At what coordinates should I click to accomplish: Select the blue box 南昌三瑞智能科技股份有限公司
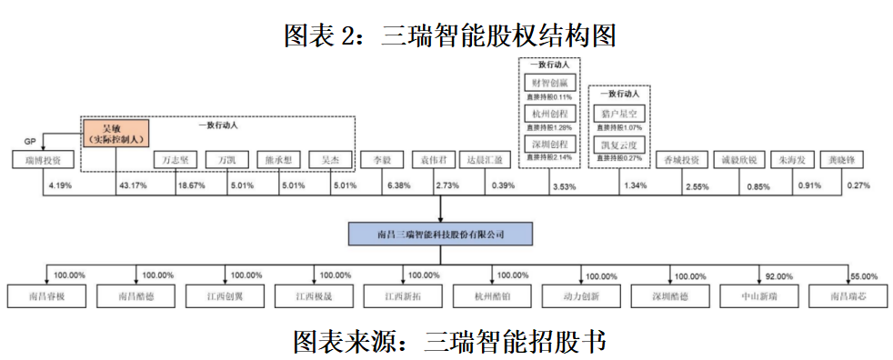tap(440, 235)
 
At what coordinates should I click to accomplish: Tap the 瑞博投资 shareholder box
tap(37, 160)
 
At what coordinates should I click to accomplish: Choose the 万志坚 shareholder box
tap(175, 160)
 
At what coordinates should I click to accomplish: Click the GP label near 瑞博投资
tap(30, 142)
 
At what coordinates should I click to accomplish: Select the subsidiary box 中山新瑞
tap(760, 296)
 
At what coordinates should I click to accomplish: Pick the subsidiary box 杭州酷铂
tap(493, 296)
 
